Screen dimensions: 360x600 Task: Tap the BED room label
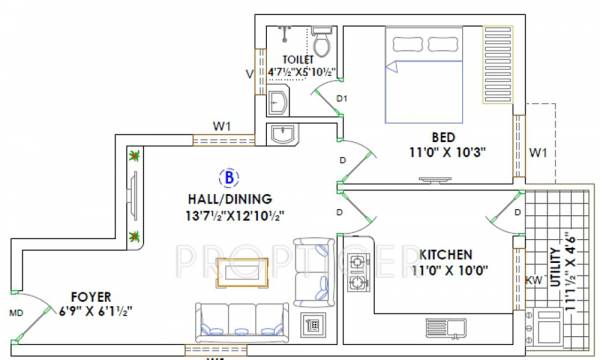pos(445,136)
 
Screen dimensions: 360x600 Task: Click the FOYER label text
pos(91,296)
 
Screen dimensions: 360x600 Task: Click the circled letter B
pos(230,177)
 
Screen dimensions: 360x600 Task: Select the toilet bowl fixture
pos(321,45)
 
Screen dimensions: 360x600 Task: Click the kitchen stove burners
pos(356,276)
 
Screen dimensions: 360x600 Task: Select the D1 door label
pos(341,99)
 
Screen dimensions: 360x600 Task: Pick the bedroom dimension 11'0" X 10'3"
pos(445,154)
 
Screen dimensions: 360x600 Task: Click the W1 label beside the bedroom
pos(538,153)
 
